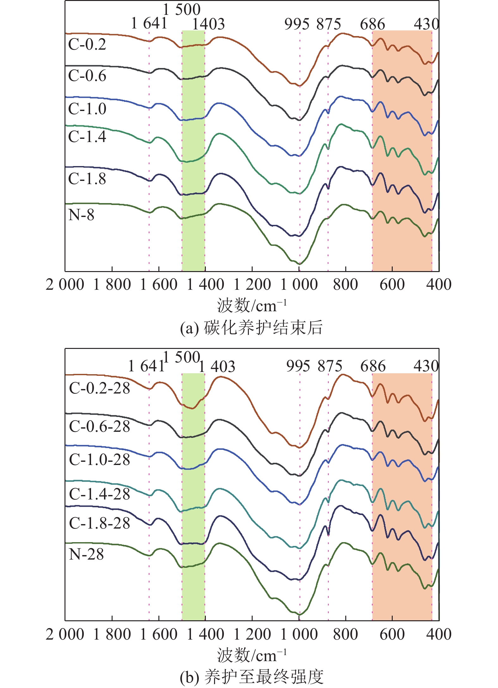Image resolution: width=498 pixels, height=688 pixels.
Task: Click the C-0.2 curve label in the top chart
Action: [87, 45]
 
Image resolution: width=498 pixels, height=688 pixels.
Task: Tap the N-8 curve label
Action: [81, 215]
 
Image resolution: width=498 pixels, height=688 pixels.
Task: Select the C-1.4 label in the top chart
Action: [87, 137]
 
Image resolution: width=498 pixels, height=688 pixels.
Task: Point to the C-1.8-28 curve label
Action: [99, 523]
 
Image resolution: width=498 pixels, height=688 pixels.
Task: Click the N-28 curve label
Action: [86, 554]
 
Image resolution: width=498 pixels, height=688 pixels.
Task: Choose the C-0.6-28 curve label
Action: [99, 426]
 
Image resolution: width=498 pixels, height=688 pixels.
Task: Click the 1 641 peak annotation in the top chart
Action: [149, 23]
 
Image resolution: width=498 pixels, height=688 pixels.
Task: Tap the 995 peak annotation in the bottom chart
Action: [298, 366]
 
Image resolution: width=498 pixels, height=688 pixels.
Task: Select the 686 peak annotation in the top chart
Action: [372, 24]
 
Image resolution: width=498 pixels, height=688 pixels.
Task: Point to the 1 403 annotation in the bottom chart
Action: [217, 367]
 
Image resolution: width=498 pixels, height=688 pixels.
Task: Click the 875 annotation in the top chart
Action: [329, 24]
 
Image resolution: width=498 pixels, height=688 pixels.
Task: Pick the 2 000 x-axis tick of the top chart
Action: [65, 284]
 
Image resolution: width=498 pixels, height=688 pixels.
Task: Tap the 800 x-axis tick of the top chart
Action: [345, 284]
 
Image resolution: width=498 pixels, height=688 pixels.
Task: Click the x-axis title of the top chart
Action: [252, 306]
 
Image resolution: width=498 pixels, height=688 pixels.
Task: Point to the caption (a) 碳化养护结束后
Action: [251, 327]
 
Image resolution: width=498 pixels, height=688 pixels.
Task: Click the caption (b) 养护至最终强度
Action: [251, 677]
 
